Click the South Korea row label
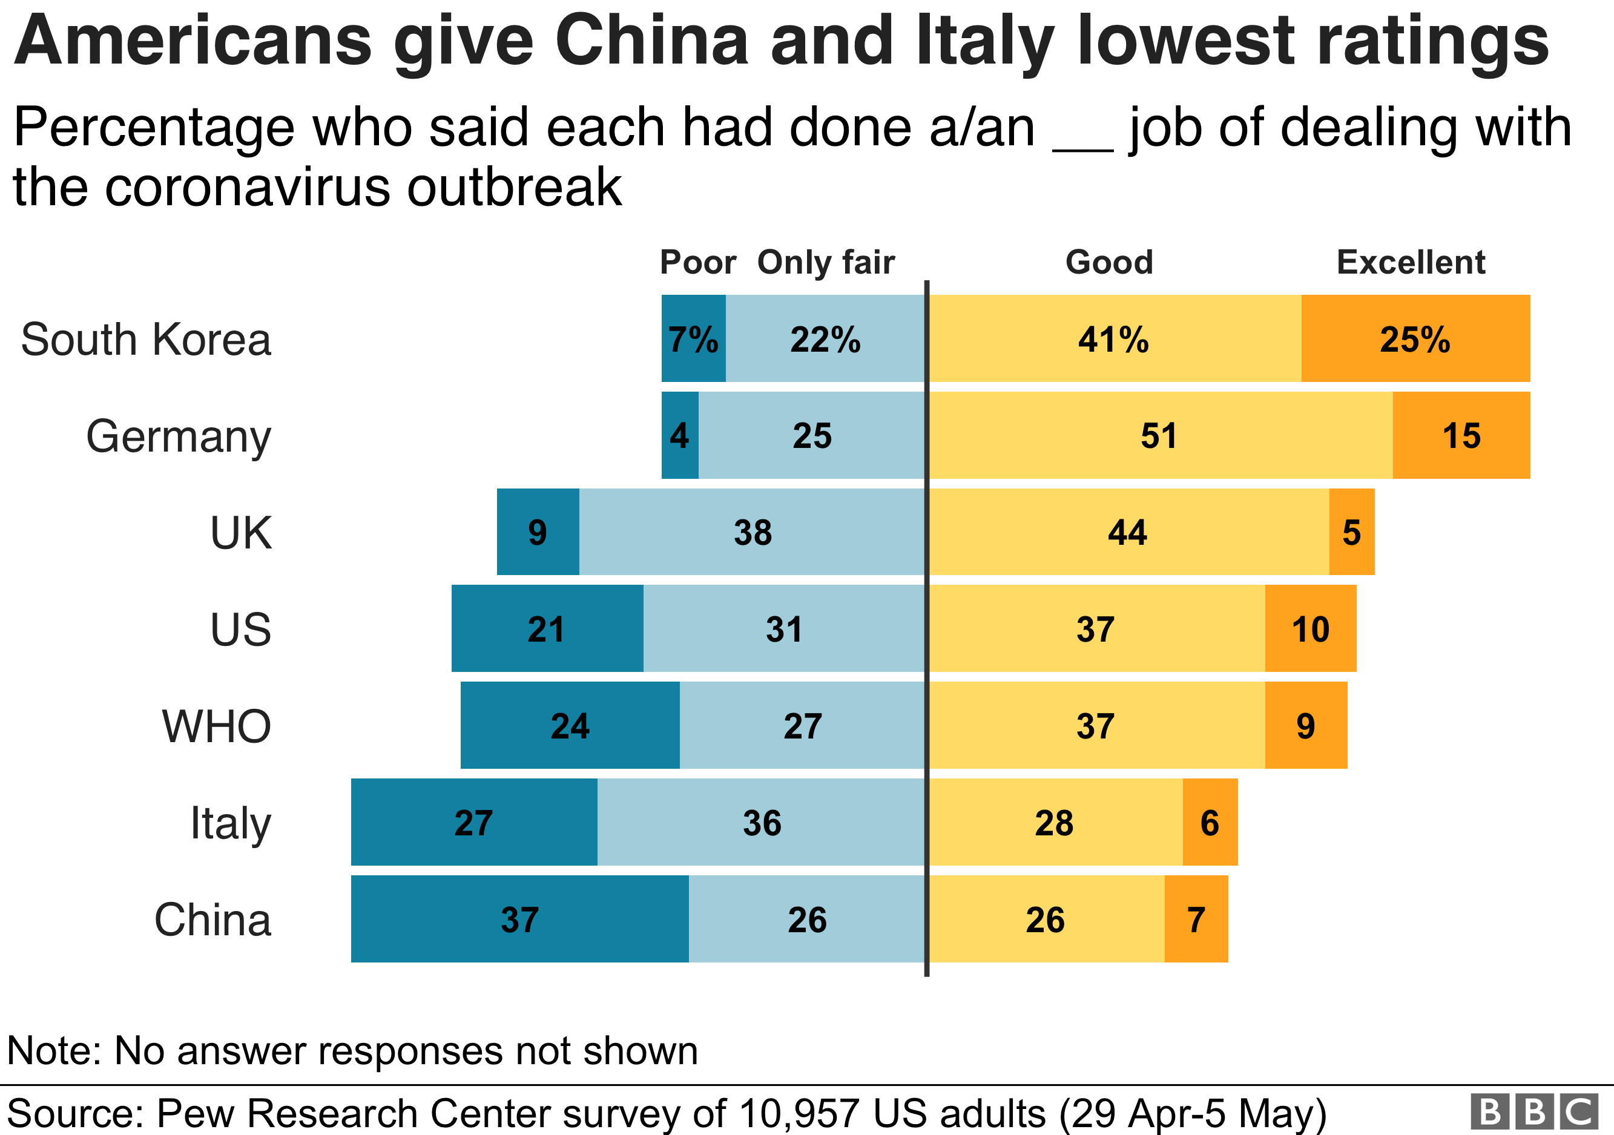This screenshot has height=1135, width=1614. click(x=145, y=340)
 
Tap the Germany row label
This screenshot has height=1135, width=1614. click(x=179, y=436)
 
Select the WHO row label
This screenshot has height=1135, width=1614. click(x=217, y=726)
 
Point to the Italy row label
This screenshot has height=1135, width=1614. click(x=231, y=823)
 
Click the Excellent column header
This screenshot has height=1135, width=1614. click(x=1410, y=262)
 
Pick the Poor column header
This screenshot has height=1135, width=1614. click(x=697, y=262)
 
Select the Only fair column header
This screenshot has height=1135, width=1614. click(x=826, y=262)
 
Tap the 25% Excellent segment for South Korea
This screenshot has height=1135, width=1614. click(x=1415, y=339)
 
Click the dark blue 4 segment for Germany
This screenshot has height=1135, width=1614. click(x=680, y=436)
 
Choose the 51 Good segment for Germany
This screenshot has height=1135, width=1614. click(x=1160, y=436)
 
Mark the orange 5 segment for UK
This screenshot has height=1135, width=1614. click(x=1351, y=532)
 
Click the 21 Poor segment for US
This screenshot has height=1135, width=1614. click(x=547, y=629)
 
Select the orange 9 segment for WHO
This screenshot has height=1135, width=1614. click(x=1305, y=726)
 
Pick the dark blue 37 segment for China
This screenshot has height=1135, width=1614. click(x=519, y=920)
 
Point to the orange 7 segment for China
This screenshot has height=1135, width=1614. click(x=1196, y=920)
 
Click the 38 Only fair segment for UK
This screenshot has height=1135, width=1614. click(x=752, y=532)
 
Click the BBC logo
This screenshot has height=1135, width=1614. click(x=1533, y=1112)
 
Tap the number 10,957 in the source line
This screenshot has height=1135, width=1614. click(x=799, y=1113)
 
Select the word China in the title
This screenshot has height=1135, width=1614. click(x=651, y=41)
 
